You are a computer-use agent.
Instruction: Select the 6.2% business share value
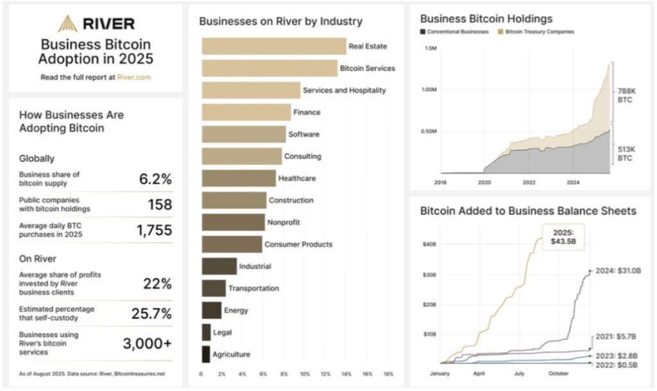coord(155,179)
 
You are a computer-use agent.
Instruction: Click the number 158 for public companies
coord(159,205)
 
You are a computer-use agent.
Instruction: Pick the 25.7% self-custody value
coord(152,314)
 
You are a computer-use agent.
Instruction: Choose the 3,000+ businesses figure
coord(148,343)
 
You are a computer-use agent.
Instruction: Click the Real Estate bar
coord(274,46)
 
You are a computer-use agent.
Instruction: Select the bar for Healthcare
coord(239,178)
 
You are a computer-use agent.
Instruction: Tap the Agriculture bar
coord(206,354)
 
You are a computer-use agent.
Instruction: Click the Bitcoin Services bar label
coord(367,68)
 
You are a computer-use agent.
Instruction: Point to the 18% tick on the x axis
coord(388,373)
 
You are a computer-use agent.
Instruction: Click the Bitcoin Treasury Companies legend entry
coord(538,31)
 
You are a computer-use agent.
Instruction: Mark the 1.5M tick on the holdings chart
coord(431,49)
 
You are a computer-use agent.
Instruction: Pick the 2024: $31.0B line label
coord(617,271)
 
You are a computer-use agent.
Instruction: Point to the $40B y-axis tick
coord(429,244)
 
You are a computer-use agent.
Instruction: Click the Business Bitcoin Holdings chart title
coord(486,19)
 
